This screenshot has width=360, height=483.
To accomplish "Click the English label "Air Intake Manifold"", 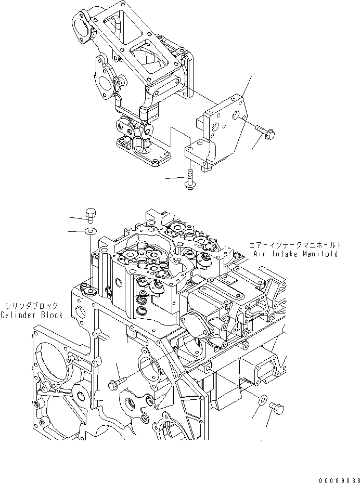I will click(296, 254).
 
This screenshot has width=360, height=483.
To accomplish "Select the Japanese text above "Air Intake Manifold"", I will click(295, 244).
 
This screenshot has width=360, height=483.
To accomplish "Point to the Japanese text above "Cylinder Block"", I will click(31, 306).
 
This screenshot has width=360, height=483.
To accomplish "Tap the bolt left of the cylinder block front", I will click(116, 384).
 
